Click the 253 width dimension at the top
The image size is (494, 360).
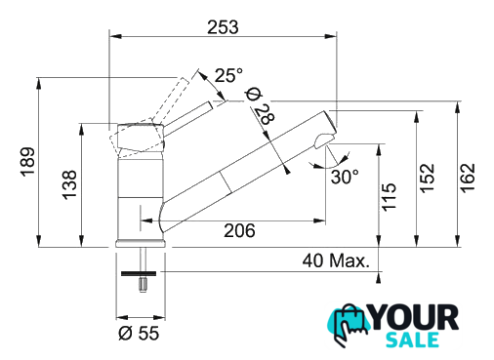click(223, 27)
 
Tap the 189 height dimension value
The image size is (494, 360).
click(28, 162)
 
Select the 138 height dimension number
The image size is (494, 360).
click(69, 184)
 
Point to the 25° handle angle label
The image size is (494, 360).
click(228, 75)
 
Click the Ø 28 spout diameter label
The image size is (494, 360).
click(261, 106)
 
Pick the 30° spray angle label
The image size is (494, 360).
click(345, 177)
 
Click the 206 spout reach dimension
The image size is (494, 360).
click(239, 230)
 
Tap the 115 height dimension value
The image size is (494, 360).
click(389, 197)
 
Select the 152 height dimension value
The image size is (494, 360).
click(428, 179)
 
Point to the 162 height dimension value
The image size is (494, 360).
click(468, 178)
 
